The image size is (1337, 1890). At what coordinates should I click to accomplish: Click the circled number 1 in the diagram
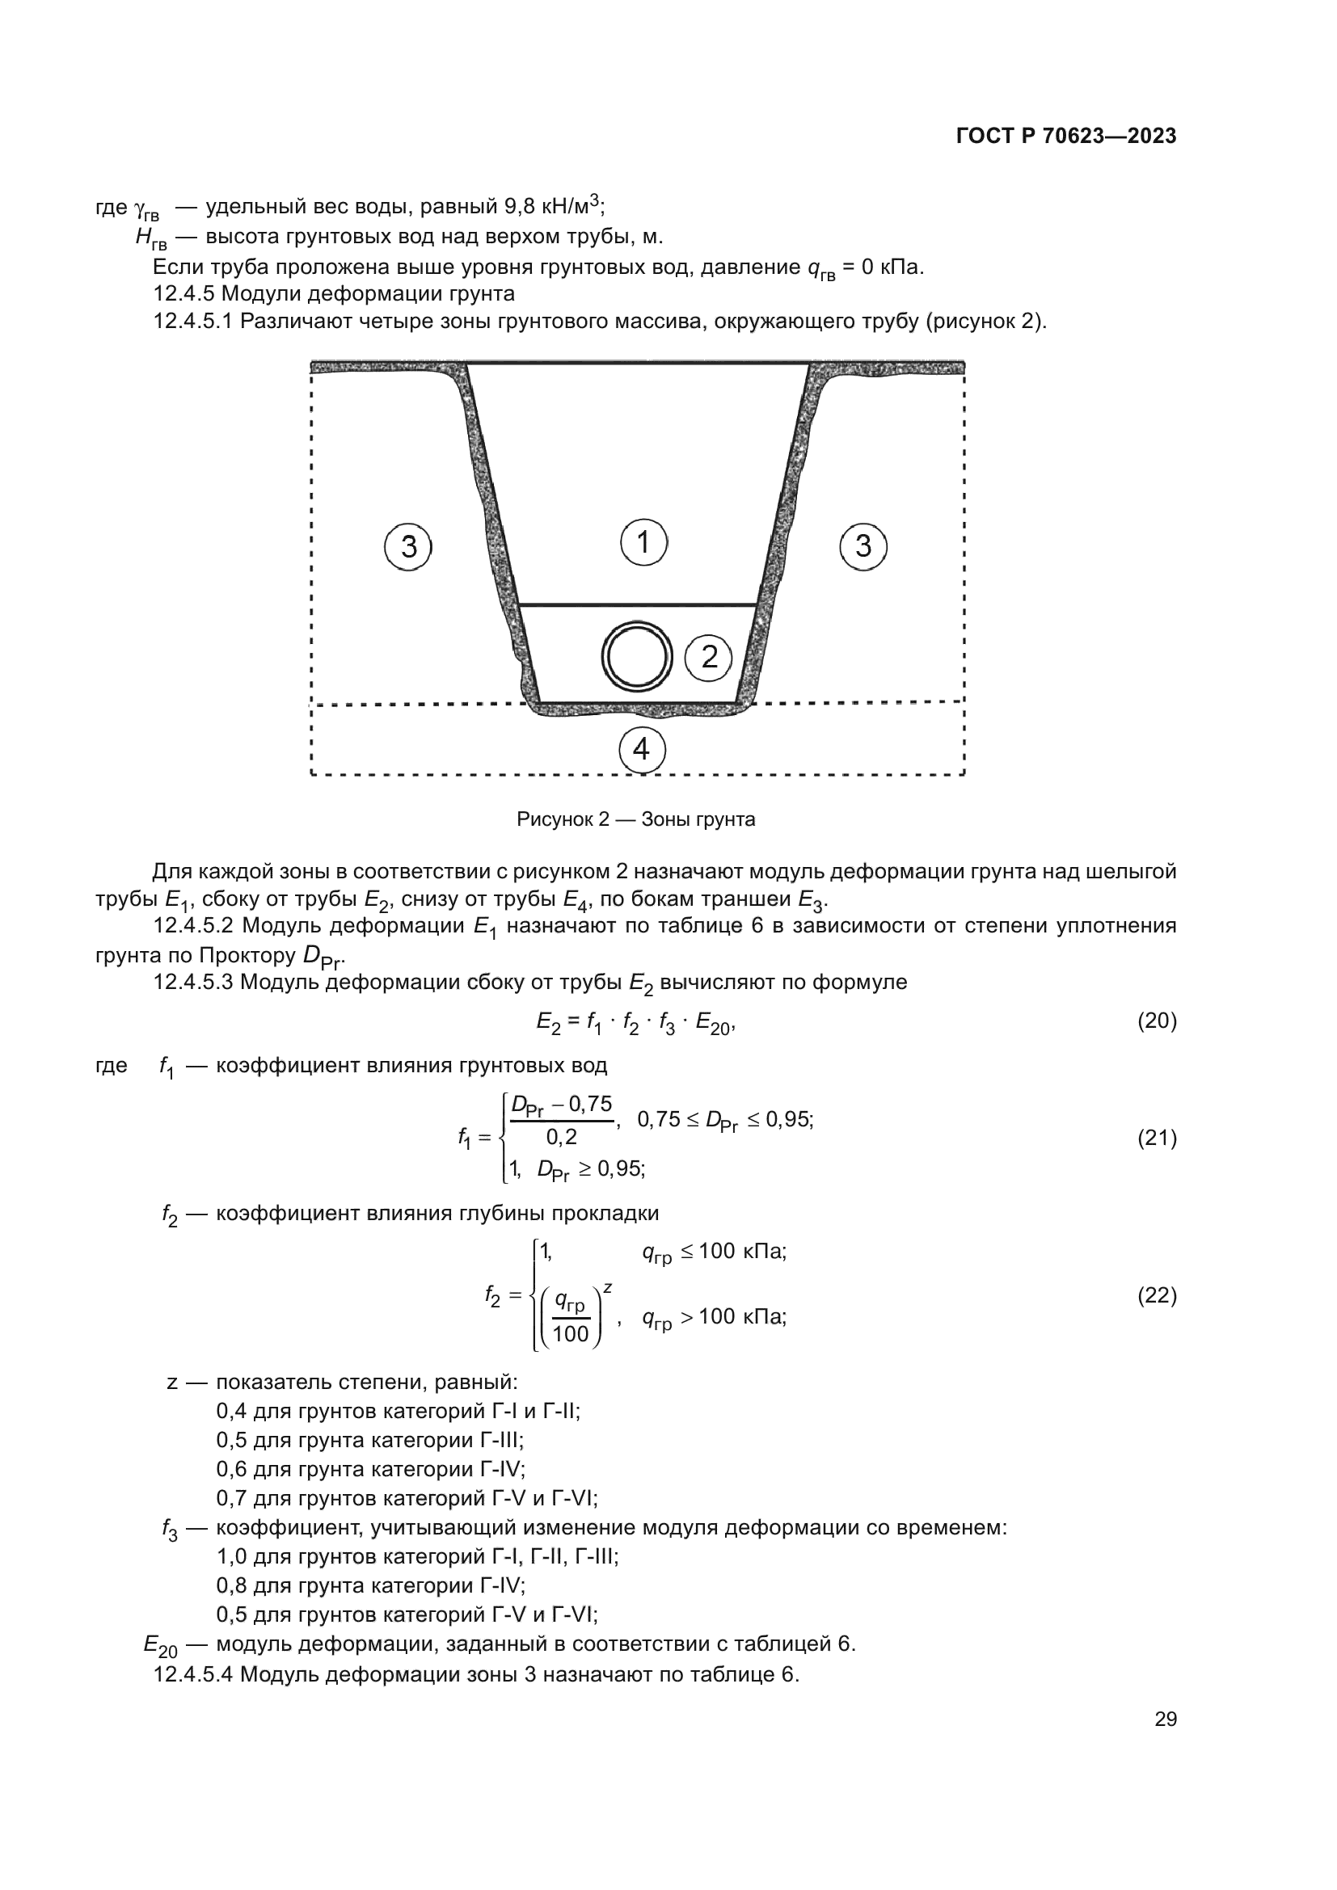[x=643, y=542]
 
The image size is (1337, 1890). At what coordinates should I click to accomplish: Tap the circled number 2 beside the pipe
[x=709, y=657]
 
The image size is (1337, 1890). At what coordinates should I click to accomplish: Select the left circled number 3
[x=408, y=546]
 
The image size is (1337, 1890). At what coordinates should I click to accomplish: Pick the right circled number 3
[x=863, y=545]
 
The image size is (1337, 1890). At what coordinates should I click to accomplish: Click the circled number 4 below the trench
[x=641, y=749]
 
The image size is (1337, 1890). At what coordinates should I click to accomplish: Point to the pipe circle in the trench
[x=636, y=657]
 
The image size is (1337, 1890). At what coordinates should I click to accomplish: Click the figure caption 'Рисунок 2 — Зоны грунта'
[x=635, y=820]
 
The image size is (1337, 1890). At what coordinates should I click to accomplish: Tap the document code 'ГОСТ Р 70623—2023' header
[x=1066, y=137]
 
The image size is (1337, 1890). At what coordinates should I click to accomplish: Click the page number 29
[x=1166, y=1720]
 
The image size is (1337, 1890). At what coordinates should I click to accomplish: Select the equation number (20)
[x=1157, y=1021]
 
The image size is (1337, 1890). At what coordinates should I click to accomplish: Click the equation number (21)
[x=1157, y=1139]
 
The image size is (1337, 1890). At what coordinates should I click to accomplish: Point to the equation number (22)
[x=1157, y=1295]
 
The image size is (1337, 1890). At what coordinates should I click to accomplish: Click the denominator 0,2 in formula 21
[x=562, y=1138]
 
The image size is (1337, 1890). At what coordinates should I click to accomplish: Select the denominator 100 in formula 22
[x=571, y=1333]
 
